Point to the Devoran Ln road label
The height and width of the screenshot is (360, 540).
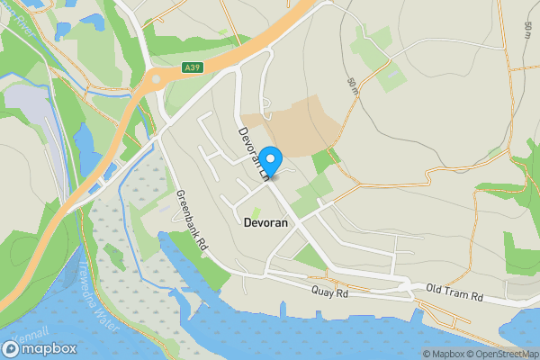coord(254,154)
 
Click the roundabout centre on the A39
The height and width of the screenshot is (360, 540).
coord(156,79)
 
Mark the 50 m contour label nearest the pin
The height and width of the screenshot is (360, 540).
coord(351,87)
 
